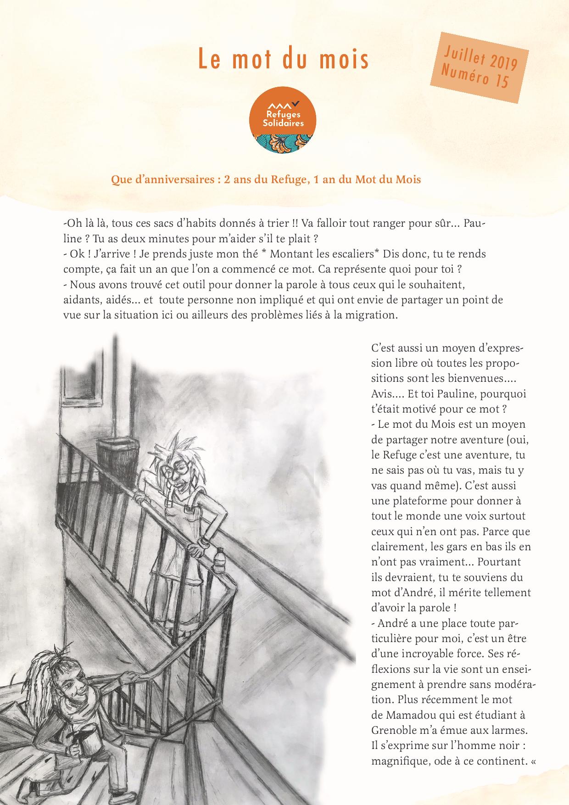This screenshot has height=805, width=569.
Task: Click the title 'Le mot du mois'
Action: coord(284,59)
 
